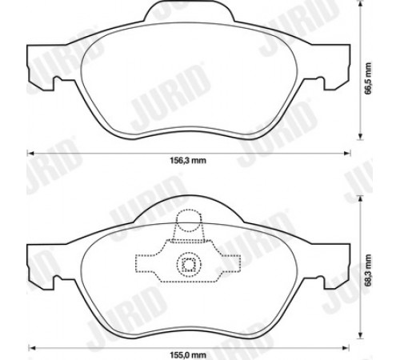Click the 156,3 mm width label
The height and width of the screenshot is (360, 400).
click(188, 161)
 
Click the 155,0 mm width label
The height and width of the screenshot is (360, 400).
click(188, 355)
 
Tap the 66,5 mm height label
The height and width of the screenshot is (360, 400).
click(368, 79)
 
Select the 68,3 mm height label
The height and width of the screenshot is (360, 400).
click(368, 270)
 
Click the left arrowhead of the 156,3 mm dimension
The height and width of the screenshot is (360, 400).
click(30, 153)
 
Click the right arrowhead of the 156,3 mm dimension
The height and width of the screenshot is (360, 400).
click(347, 153)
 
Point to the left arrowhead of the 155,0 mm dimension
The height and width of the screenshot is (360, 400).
click(32, 348)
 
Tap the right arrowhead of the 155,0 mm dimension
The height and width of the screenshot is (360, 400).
click(346, 348)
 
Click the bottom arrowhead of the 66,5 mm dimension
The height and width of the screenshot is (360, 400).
click(361, 137)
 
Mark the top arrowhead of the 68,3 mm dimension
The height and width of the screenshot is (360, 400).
click(361, 199)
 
